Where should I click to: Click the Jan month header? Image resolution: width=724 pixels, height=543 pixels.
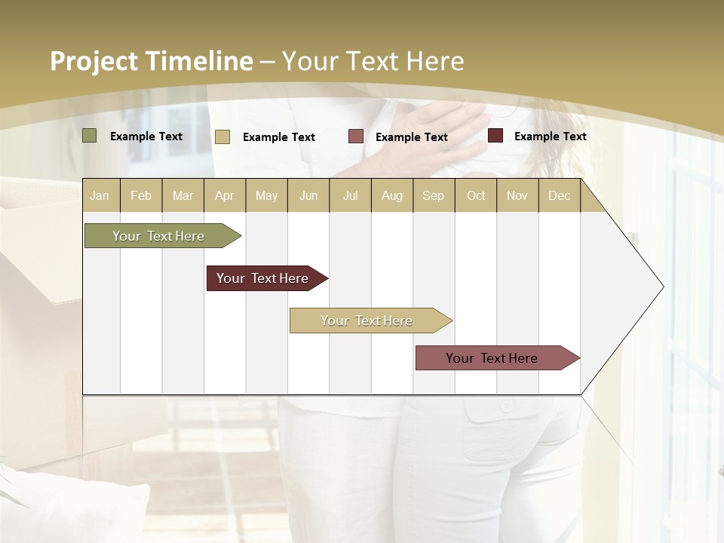(100, 195)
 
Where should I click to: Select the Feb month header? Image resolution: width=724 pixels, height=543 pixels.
(141, 195)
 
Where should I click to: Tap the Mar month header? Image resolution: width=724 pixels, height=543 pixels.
(183, 195)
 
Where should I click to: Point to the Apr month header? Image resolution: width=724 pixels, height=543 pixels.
(224, 195)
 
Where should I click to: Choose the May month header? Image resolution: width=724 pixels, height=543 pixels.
(266, 195)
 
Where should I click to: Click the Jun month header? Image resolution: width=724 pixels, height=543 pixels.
(308, 195)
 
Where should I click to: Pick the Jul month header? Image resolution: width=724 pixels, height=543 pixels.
(350, 195)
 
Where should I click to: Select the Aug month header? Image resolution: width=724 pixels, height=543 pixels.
(392, 195)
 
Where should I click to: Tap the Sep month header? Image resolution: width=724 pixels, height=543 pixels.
(433, 195)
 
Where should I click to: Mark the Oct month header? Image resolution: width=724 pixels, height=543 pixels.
(476, 195)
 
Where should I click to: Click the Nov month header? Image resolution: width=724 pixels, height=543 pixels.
(517, 195)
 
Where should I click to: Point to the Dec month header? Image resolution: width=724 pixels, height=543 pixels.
(560, 195)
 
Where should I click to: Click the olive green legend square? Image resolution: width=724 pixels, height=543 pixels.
(90, 136)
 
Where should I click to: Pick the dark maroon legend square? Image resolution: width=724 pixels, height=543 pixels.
(495, 136)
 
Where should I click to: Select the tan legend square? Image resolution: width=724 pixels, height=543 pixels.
(222, 137)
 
